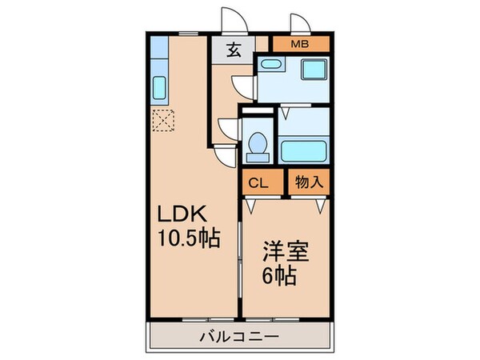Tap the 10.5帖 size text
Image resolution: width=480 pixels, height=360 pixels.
[x=190, y=238]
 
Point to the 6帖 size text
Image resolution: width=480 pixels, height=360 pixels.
[x=282, y=278]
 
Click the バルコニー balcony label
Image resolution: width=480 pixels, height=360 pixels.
[x=239, y=336]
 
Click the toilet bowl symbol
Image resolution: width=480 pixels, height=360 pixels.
[x=258, y=145]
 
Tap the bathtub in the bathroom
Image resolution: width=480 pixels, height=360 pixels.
[x=305, y=150]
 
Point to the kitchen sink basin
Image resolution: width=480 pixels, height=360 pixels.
[x=158, y=86]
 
